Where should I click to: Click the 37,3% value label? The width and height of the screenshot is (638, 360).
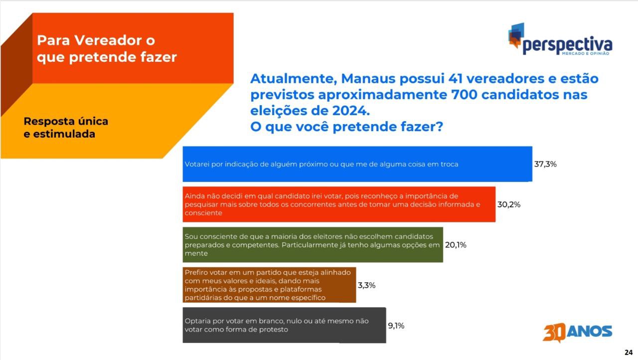click(545, 164)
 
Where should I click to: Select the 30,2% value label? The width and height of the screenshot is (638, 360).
click(509, 204)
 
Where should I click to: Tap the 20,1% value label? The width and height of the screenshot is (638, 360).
click(456, 245)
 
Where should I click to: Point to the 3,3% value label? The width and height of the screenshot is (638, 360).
click(366, 285)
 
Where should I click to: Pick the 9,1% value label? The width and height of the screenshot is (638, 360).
click(396, 326)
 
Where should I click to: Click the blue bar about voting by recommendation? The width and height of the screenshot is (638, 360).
click(357, 164)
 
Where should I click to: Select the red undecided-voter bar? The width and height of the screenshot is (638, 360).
click(339, 204)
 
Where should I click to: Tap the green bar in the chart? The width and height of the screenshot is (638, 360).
click(313, 245)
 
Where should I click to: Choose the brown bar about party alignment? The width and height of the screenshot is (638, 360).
click(270, 285)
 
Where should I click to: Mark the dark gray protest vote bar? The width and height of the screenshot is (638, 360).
click(285, 325)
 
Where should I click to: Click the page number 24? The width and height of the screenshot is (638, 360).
click(629, 353)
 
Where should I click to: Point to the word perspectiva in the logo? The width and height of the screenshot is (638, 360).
click(567, 45)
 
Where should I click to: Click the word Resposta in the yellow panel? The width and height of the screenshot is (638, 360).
click(48, 122)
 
